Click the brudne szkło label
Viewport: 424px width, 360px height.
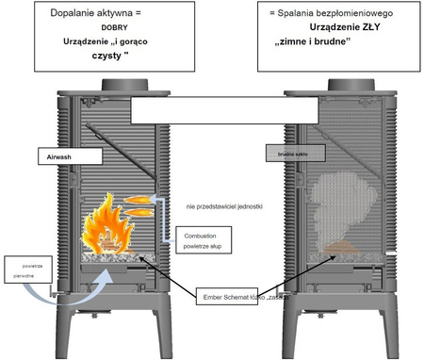pyautogui.click(x=287, y=151)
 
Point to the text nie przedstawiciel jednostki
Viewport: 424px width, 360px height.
pyautogui.click(x=218, y=205)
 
